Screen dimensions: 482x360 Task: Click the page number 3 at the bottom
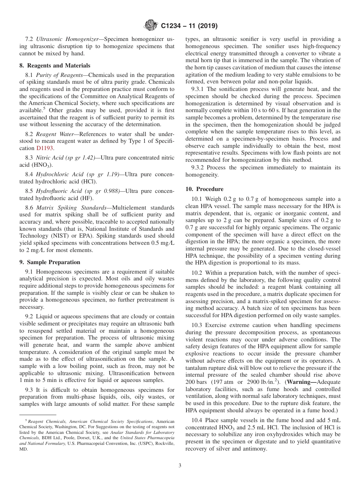point(180,466)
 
